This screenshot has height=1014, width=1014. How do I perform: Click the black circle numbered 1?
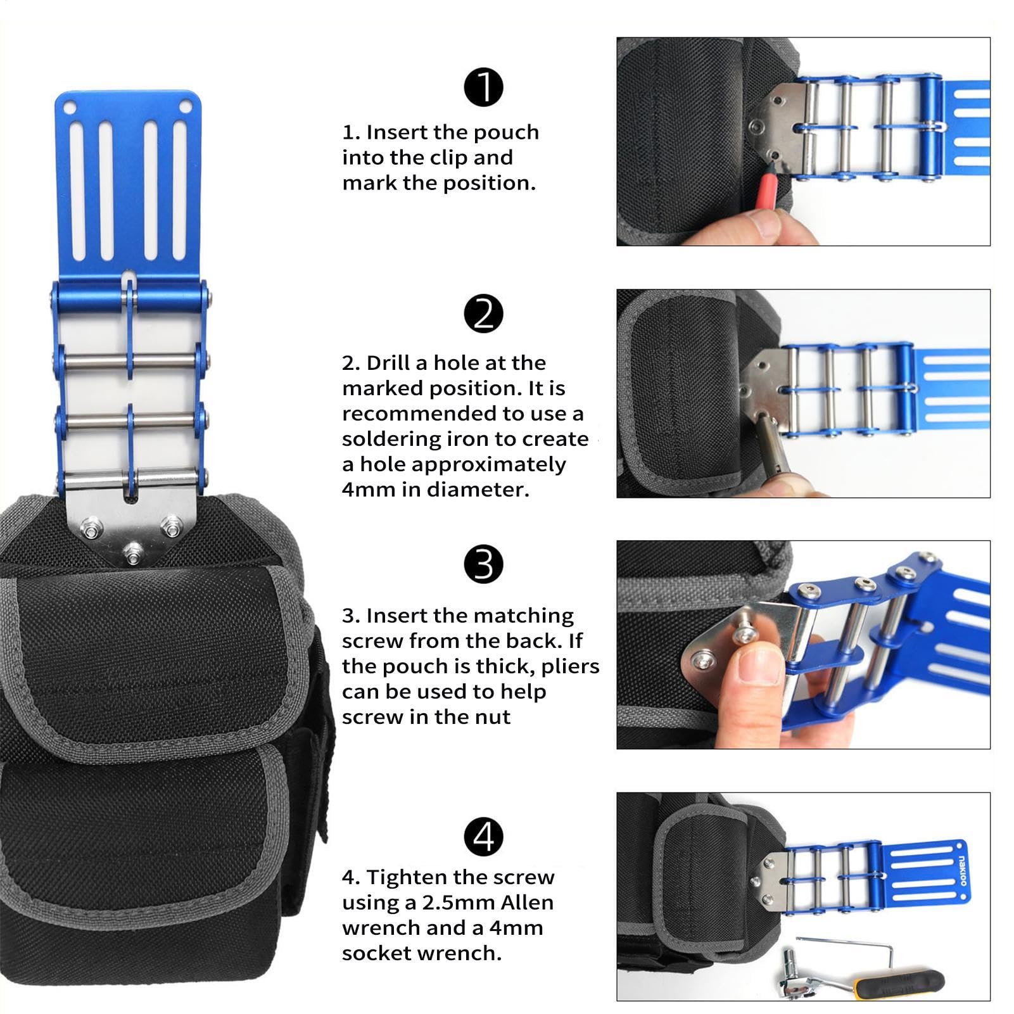point(483,87)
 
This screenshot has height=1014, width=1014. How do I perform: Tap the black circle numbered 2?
point(483,314)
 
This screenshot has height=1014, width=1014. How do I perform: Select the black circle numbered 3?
point(483,564)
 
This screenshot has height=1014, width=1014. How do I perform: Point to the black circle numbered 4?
point(483,837)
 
